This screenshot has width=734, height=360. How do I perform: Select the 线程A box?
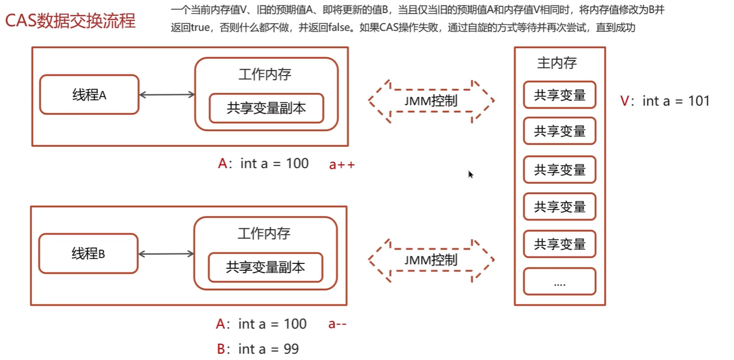(x=89, y=95)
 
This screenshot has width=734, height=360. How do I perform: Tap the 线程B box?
(x=88, y=254)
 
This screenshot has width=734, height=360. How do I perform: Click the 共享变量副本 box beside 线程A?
(x=266, y=108)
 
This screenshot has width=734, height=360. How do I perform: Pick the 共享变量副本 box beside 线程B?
(x=265, y=267)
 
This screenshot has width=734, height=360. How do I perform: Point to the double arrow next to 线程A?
(x=167, y=95)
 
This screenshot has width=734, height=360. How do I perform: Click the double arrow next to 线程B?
(x=166, y=254)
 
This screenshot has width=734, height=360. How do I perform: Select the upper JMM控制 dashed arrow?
(x=431, y=101)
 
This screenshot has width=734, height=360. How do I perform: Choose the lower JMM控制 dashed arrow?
(x=431, y=260)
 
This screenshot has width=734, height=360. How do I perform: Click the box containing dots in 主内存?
(x=559, y=282)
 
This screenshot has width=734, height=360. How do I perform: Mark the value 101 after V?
(x=698, y=101)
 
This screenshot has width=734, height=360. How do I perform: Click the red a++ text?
(x=342, y=165)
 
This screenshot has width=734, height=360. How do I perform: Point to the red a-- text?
(x=337, y=324)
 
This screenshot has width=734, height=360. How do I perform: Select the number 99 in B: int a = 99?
(x=291, y=349)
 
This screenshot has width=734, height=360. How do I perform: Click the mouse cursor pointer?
(x=471, y=174)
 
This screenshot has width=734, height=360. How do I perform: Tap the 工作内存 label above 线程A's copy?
(x=265, y=75)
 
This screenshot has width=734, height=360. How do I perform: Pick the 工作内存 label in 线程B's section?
(x=264, y=233)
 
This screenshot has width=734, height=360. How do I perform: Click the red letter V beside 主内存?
(x=625, y=101)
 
